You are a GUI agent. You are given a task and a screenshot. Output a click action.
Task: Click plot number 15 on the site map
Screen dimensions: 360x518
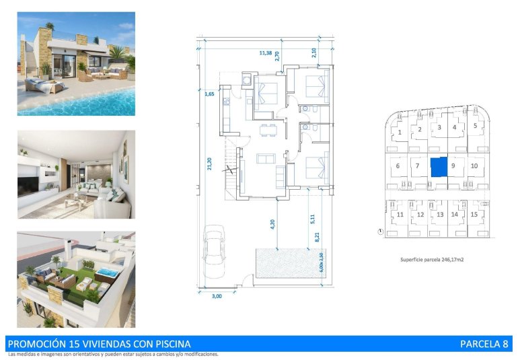pos(474,215)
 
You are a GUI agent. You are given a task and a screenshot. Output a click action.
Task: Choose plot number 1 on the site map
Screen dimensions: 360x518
pos(400,133)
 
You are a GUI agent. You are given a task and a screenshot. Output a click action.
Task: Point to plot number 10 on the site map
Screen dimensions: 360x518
pos(474,166)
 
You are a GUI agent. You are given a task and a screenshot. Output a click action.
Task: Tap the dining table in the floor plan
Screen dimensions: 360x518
pos(268,129)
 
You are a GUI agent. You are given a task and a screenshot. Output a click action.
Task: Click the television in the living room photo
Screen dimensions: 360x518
pos(30,184)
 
